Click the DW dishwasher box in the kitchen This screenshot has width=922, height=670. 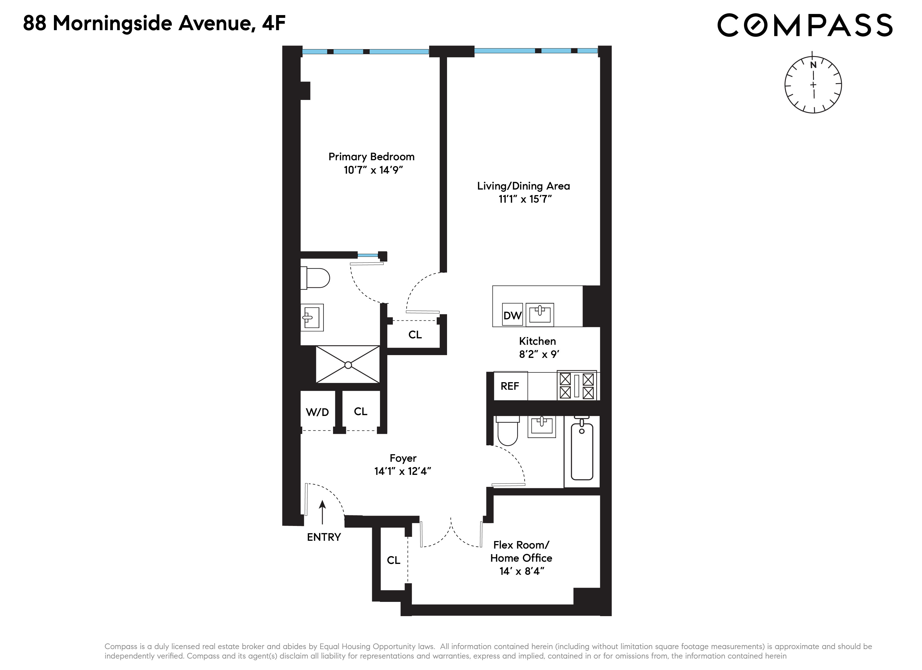[x=512, y=315]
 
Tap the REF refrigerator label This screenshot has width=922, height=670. [x=510, y=386]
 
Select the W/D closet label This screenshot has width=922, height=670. [x=317, y=412]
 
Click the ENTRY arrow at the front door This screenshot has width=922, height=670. [x=322, y=512]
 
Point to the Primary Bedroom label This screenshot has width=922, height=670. [x=371, y=157]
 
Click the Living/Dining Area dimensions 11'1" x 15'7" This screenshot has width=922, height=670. [x=525, y=199]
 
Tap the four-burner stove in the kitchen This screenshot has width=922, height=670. [x=576, y=386]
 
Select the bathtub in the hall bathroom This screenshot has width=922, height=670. [x=582, y=451]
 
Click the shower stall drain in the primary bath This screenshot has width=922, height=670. [x=348, y=365]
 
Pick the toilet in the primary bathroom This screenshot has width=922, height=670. [x=316, y=278]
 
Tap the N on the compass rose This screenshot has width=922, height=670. [x=813, y=65]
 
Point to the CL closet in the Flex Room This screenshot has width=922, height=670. [x=393, y=560]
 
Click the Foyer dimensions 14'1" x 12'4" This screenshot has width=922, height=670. [x=402, y=471]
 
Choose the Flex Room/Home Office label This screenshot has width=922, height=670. [x=521, y=551]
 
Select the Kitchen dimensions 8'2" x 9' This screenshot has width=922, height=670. [x=539, y=354]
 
